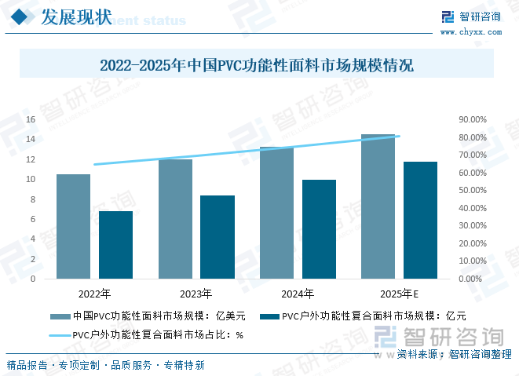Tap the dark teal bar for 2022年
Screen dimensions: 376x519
[115, 245]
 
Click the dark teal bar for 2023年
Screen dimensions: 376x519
[217, 237]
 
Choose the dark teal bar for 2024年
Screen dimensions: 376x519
[319, 229]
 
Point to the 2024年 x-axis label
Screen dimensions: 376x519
[298, 294]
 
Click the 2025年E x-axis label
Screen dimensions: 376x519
[399, 294]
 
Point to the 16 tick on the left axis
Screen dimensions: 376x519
[31, 119]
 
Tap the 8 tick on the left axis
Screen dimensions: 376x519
[32, 199]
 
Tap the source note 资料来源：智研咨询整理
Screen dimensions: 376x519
[455, 354]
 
